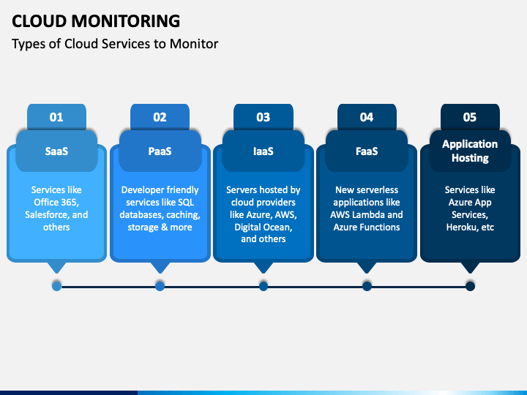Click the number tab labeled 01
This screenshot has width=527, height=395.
56,117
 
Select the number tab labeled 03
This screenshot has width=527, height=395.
263,117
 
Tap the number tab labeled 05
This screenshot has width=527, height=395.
470,117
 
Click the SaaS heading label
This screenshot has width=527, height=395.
56,151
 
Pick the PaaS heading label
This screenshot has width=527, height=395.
160,151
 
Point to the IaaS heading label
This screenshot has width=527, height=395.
263,151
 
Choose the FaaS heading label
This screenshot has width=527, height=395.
367,151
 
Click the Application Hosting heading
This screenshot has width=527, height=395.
470,151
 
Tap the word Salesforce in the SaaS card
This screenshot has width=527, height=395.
46,214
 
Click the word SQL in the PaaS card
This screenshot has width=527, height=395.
186,202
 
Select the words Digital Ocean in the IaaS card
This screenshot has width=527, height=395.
263,227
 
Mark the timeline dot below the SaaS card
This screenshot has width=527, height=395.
57,286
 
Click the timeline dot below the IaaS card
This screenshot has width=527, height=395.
263,286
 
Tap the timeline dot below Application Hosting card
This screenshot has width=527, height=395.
470,286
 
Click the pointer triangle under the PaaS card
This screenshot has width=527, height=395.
160,268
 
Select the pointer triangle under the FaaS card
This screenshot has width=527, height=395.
367,268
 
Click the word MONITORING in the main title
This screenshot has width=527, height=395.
126,21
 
